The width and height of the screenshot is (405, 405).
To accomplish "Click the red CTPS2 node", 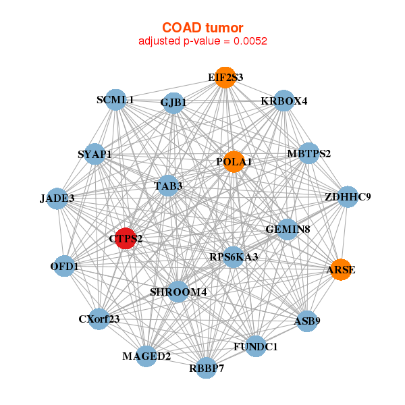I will point(126,238).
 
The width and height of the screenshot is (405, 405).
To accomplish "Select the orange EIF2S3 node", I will point(225,78).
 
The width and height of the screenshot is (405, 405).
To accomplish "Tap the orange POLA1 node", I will point(233,161).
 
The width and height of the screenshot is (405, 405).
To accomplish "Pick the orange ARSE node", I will point(341,270).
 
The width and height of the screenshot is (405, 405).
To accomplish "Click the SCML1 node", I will point(115,100).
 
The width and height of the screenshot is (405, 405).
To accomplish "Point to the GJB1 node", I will point(173,103).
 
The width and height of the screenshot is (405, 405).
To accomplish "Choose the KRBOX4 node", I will point(284,101).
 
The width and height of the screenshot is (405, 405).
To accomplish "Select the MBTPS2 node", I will point(308,153).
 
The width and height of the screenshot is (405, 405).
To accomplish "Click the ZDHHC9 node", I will point(347,197).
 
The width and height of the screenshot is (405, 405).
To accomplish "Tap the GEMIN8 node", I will point(288,230).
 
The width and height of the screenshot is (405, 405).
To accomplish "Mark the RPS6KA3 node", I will point(234,256).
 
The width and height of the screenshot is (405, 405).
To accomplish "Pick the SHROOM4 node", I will point(178,292).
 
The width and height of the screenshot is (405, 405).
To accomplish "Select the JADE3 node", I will point(57,198).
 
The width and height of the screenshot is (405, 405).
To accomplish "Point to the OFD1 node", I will point(64,267).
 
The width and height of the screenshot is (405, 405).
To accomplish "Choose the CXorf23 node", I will point(99,319).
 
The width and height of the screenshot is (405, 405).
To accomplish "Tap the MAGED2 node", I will point(146,356).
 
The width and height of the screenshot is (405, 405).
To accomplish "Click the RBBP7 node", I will point(207,368).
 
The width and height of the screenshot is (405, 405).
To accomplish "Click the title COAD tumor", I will point(202,27).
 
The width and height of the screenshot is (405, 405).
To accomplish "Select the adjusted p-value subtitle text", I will point(202,40).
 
